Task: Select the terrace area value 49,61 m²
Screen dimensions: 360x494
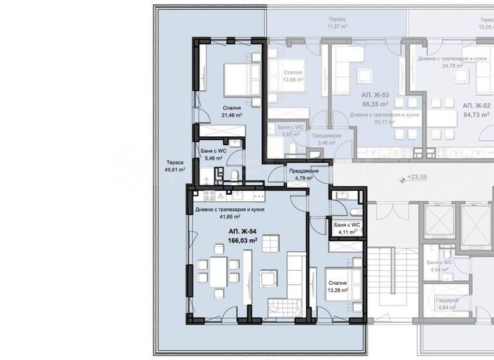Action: pyautogui.click(x=174, y=170)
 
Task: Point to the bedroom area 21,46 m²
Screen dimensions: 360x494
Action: pyautogui.click(x=232, y=116)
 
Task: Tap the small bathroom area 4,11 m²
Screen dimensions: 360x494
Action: pyautogui.click(x=347, y=233)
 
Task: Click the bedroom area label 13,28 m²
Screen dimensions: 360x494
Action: pyautogui.click(x=337, y=290)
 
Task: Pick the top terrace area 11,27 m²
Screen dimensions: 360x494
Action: pyautogui.click(x=336, y=27)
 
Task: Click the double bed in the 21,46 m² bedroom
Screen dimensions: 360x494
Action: pyautogui.click(x=233, y=80)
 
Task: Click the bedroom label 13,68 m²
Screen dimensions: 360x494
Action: pyautogui.click(x=291, y=80)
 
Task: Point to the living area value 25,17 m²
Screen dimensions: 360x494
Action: pyautogui.click(x=385, y=122)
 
